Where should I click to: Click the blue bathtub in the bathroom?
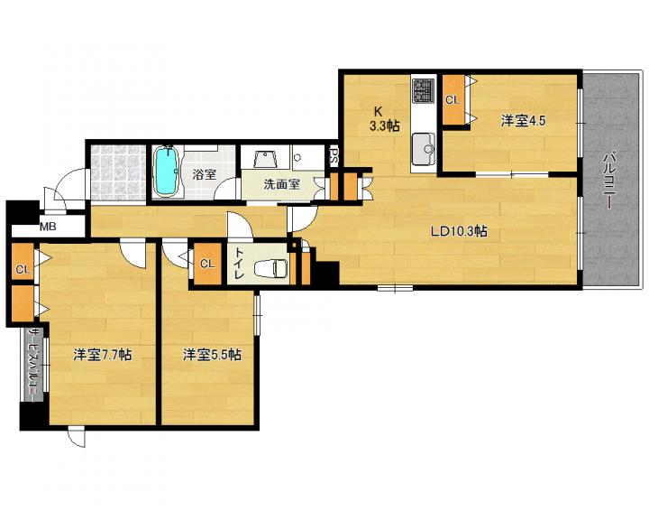(167, 172)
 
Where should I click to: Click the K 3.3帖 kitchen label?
(384, 118)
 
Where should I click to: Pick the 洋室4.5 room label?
(523, 121)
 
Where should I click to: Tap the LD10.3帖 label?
(459, 231)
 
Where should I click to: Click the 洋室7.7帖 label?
(103, 355)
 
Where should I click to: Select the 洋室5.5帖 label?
(213, 355)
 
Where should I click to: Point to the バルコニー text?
(608, 181)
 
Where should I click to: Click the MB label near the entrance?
(48, 227)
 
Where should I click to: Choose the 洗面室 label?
(281, 184)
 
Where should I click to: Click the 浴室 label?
(204, 174)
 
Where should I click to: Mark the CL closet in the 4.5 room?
(452, 100)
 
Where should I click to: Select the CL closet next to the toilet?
(207, 264)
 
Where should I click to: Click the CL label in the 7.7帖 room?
(23, 270)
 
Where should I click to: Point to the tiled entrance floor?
(118, 172)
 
